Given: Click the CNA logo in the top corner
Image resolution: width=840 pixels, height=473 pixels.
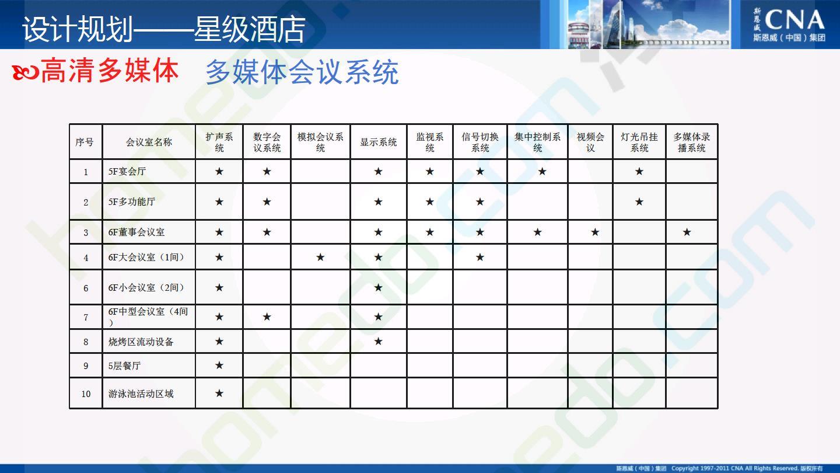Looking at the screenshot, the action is coord(789,25).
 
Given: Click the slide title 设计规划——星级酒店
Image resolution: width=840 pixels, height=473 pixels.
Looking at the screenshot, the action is coord(163,29).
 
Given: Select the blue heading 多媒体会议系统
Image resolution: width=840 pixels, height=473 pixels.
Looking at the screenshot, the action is coord(302,72).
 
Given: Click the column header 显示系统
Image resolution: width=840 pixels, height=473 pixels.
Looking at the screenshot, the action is coord(379,142).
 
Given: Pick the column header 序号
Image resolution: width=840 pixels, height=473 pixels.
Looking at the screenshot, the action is coord(85,142).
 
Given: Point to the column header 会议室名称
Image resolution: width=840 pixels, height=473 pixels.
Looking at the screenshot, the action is coord(149,142).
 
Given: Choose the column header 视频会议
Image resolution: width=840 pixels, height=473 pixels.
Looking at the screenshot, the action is coord(590,142).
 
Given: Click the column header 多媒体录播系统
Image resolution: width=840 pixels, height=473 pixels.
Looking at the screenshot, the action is coord(691,142).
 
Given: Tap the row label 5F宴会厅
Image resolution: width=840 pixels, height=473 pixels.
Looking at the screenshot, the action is coord(127,172).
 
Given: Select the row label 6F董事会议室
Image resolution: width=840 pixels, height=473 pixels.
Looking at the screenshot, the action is coord(136,232).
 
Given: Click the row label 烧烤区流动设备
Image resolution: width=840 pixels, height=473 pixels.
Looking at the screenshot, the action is coord(141,342).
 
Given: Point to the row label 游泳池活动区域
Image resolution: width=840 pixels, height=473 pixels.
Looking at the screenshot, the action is coord(141,394).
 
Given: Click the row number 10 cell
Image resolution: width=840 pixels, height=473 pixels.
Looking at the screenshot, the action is coord(86,394).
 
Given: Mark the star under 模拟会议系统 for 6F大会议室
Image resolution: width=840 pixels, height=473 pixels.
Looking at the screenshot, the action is coord(320,257).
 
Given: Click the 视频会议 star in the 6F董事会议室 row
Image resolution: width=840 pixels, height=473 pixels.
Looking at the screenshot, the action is coord(595,232).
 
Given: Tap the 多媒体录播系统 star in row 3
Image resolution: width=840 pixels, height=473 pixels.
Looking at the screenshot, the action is coord(687,232).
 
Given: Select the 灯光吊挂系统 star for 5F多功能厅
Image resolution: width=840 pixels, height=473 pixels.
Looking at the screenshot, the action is coord(639,201).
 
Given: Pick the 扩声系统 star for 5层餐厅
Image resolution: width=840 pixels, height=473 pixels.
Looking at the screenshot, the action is coord(219,365).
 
